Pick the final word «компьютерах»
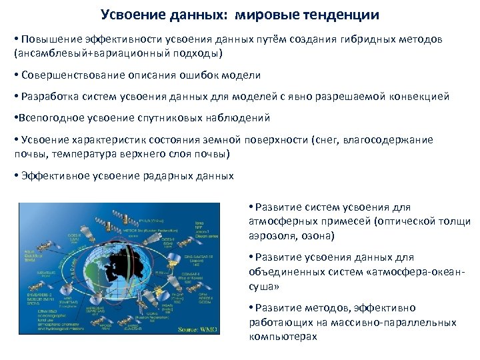pyautogui.click(x=283, y=336)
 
